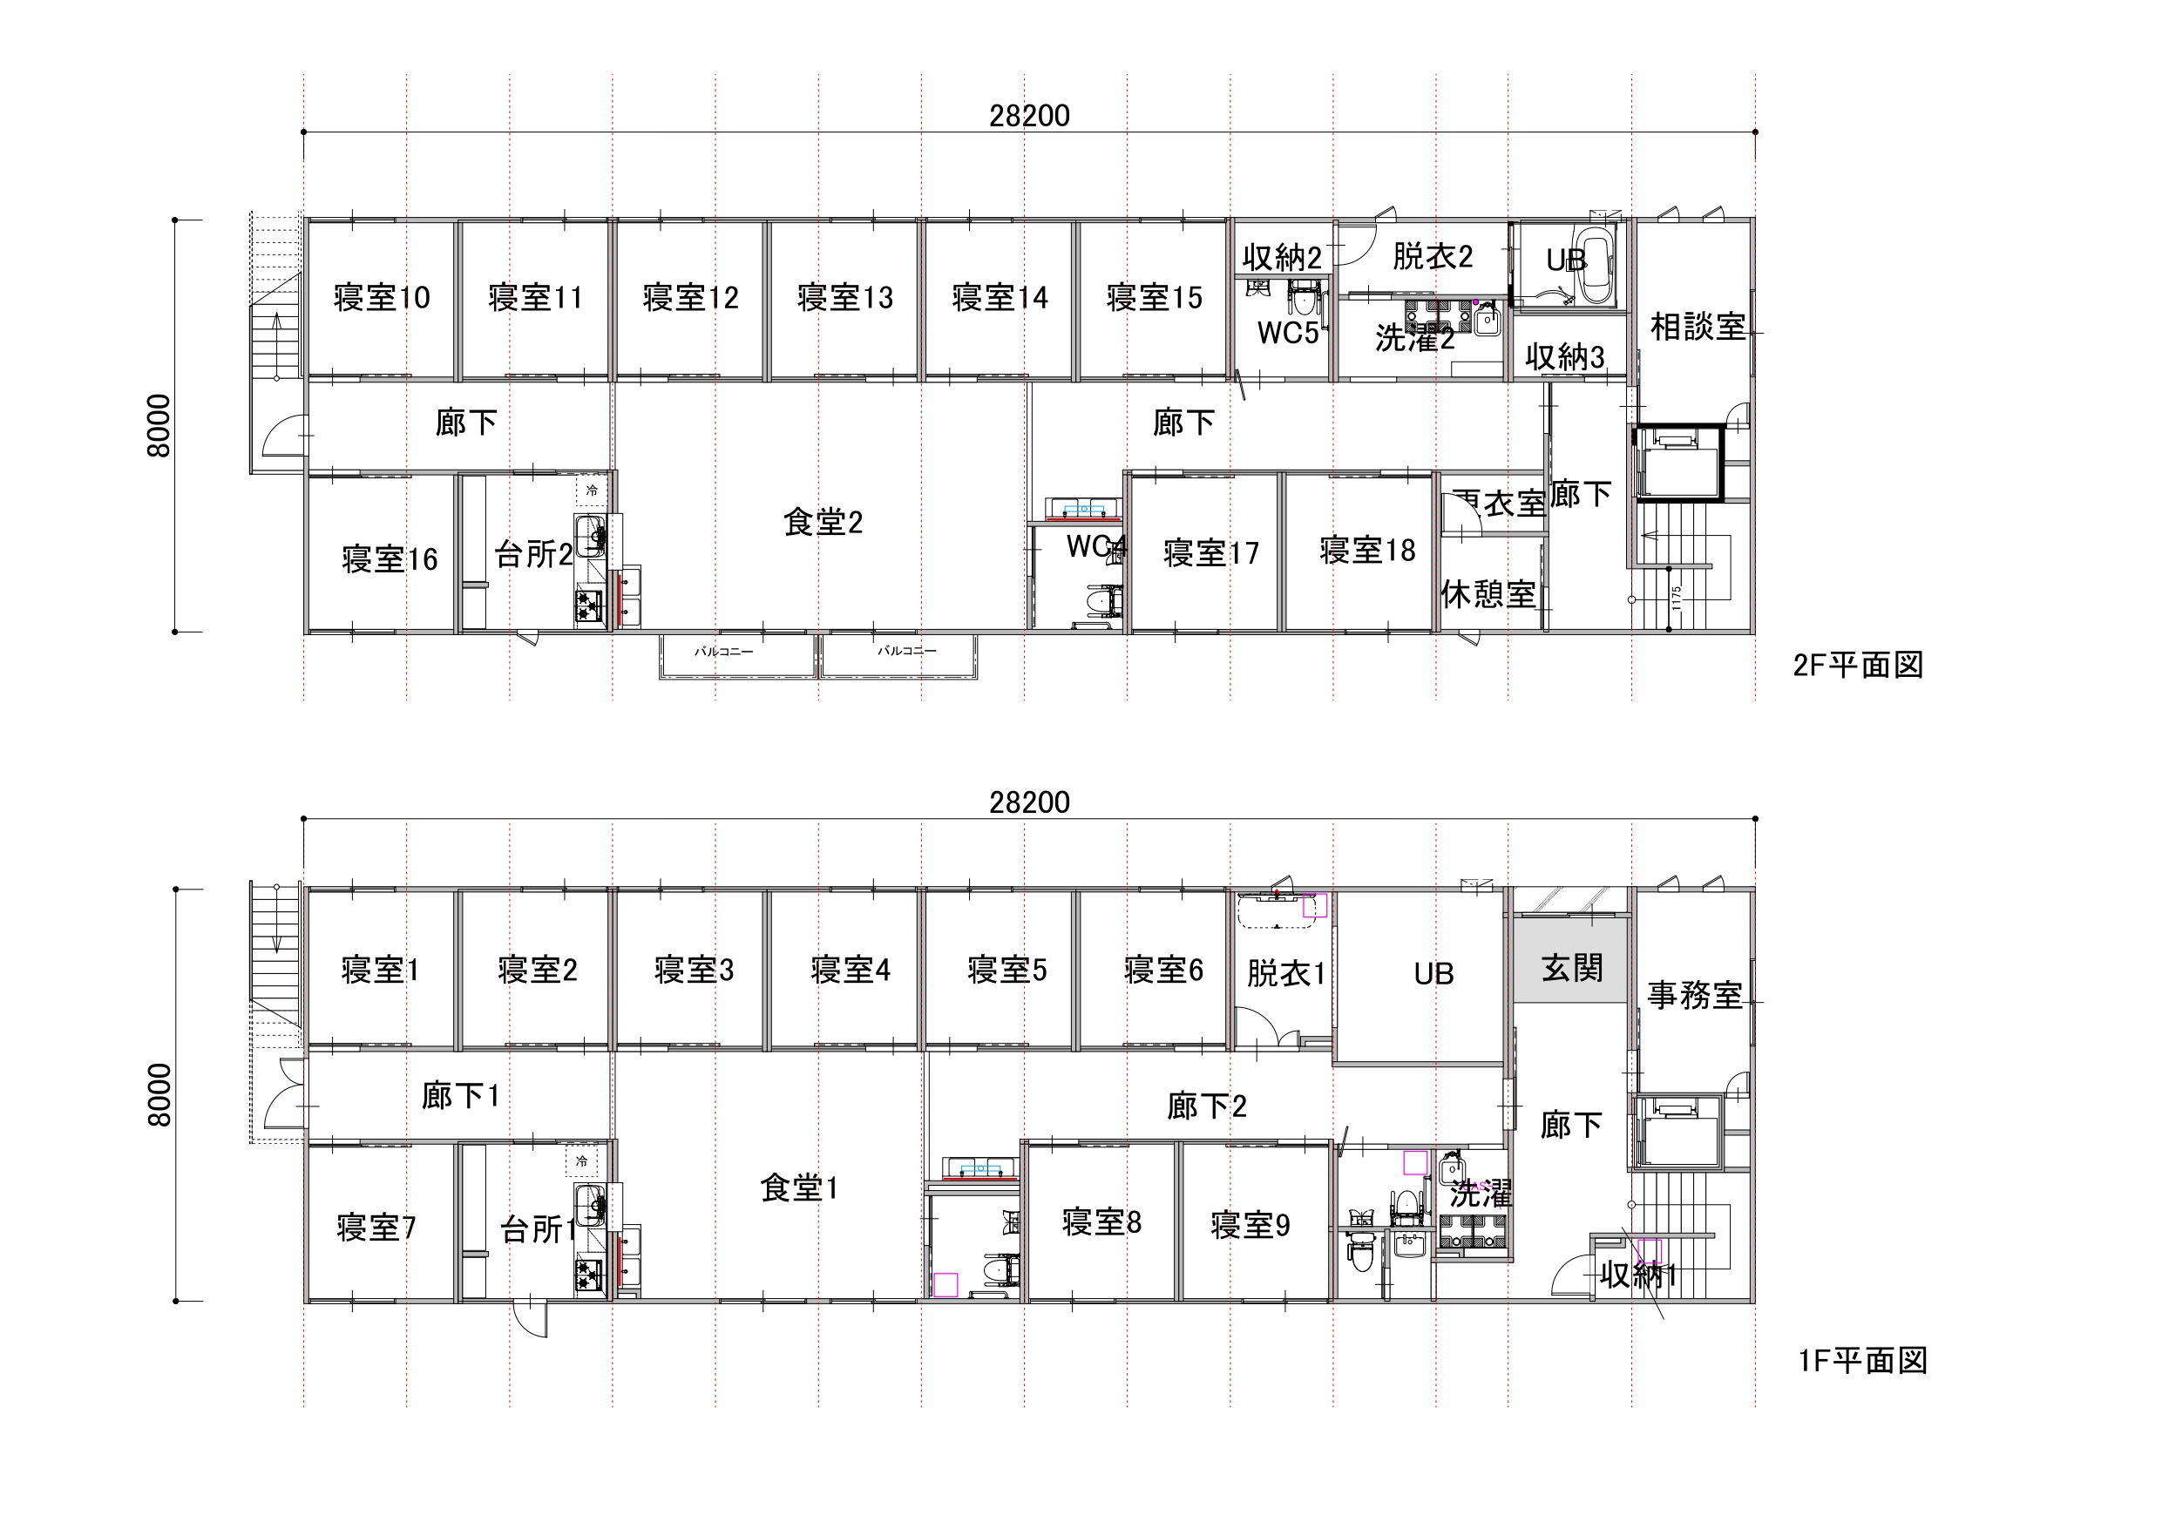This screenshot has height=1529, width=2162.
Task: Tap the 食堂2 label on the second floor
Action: pos(822,522)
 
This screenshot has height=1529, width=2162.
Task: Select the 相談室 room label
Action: pos(1697,327)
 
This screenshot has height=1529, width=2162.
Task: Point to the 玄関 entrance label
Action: pos(1571,967)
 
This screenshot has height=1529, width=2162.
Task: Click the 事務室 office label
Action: pos(1694,995)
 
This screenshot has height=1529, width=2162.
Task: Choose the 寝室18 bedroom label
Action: pos(1367,550)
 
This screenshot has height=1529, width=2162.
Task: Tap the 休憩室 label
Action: pos(1488,594)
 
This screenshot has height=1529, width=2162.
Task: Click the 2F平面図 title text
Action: pos(1857,665)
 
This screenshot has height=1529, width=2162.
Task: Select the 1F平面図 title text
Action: pos(1861,1361)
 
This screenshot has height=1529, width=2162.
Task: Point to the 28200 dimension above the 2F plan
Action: pos(1029,116)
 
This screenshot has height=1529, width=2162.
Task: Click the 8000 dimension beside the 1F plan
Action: pos(159,1095)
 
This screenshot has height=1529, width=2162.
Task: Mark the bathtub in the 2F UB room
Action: pos(1596,264)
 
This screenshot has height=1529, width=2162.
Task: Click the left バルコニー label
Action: pos(723,652)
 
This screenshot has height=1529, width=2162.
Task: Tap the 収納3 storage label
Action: pos(1564,357)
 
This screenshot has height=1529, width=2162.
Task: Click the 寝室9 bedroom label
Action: pos(1250,1225)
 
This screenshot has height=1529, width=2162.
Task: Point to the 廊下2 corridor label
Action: pos(1206,1106)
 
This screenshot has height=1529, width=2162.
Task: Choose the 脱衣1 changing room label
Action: pos(1285,973)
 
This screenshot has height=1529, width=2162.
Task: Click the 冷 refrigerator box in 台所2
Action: pos(592,490)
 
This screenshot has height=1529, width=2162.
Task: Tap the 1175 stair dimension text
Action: pos(1676,598)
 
